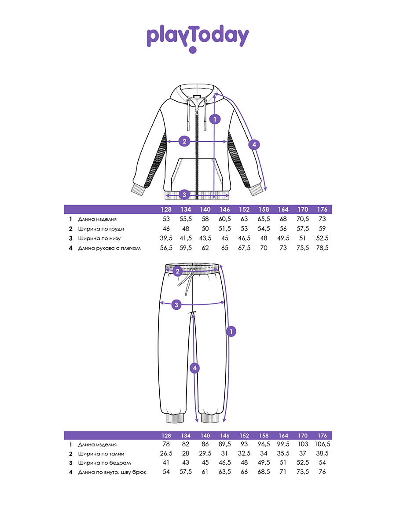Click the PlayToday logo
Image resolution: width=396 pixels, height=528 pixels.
(198, 38)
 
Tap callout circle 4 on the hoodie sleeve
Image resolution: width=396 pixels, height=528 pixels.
(254, 145)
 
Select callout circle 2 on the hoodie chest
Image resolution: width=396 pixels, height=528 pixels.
(184, 141)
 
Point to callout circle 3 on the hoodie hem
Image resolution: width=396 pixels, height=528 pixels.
(184, 194)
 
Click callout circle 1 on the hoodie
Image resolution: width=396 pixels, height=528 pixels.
(215, 119)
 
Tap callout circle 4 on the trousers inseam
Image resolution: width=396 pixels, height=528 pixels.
(195, 368)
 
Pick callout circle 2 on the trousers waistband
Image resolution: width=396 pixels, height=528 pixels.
(177, 271)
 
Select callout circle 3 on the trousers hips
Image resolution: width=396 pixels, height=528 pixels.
(176, 305)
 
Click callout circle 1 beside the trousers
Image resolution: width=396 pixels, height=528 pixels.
(231, 332)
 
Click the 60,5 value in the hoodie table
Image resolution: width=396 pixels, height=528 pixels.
(224, 219)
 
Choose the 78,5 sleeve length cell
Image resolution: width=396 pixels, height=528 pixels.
(322, 248)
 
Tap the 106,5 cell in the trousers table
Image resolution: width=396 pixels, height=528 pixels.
(322, 444)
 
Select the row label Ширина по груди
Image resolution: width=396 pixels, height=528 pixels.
(101, 229)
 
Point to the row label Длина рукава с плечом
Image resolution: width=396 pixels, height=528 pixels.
(110, 248)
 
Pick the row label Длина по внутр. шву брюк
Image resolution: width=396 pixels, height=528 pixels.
(112, 472)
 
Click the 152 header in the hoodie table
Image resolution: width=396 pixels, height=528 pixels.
(244, 209)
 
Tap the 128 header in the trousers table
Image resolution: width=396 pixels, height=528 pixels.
(166, 436)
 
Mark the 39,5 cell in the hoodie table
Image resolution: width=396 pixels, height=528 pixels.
(166, 238)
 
